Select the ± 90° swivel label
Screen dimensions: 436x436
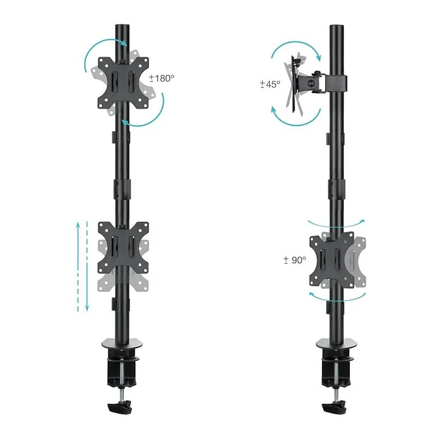pyautogui.click(x=295, y=260)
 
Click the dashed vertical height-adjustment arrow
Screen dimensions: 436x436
pyautogui.click(x=87, y=267)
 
